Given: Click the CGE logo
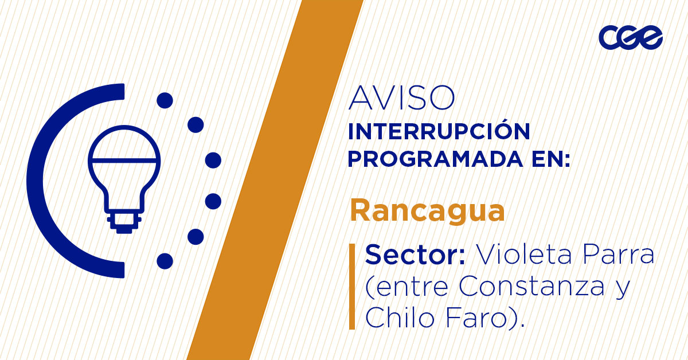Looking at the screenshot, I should click(630, 38).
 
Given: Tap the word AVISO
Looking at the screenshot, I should click(401, 98).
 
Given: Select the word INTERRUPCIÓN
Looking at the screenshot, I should click(439, 132).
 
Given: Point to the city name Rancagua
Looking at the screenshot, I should click(427, 211).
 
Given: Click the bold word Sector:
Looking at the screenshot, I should click(415, 255).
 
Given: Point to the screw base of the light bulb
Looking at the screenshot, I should click(123, 223).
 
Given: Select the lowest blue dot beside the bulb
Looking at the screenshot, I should click(165, 261).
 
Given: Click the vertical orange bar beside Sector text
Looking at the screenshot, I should click(351, 286).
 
